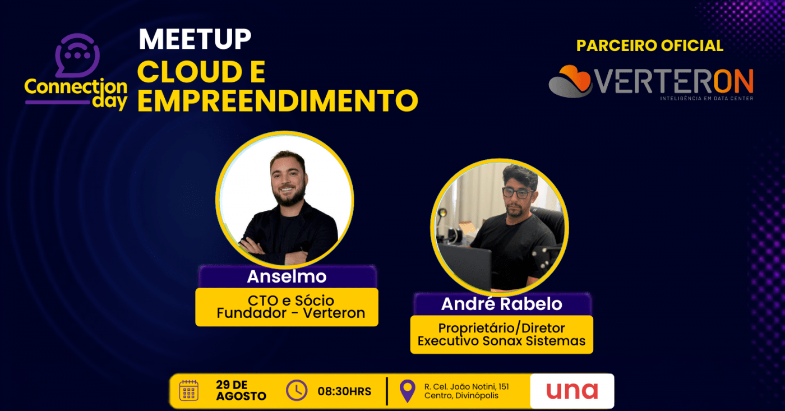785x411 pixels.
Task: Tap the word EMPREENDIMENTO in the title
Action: pyautogui.click(x=278, y=100)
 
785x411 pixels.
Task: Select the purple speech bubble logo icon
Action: pyautogui.click(x=77, y=56)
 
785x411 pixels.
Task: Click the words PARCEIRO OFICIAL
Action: pyautogui.click(x=650, y=45)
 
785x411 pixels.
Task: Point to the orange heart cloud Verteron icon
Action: pyautogui.click(x=571, y=81)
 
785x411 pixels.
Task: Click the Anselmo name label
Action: pyautogui.click(x=287, y=276)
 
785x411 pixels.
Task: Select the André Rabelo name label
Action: pyautogui.click(x=502, y=304)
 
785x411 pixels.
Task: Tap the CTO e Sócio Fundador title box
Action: pyautogui.click(x=287, y=307)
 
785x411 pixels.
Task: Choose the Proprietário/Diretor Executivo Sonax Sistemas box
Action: pyautogui.click(x=501, y=334)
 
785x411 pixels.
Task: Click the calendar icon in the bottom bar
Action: pyautogui.click(x=189, y=390)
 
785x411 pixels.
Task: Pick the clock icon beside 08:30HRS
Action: pyautogui.click(x=297, y=390)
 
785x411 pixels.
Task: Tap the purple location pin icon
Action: pyautogui.click(x=407, y=391)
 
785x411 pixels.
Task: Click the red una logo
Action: pyautogui.click(x=572, y=391)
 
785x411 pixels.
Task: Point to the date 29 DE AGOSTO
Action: pyautogui.click(x=241, y=390)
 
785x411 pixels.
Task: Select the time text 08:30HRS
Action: pyautogui.click(x=344, y=391)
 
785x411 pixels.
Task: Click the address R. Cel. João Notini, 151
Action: pyautogui.click(x=467, y=386)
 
